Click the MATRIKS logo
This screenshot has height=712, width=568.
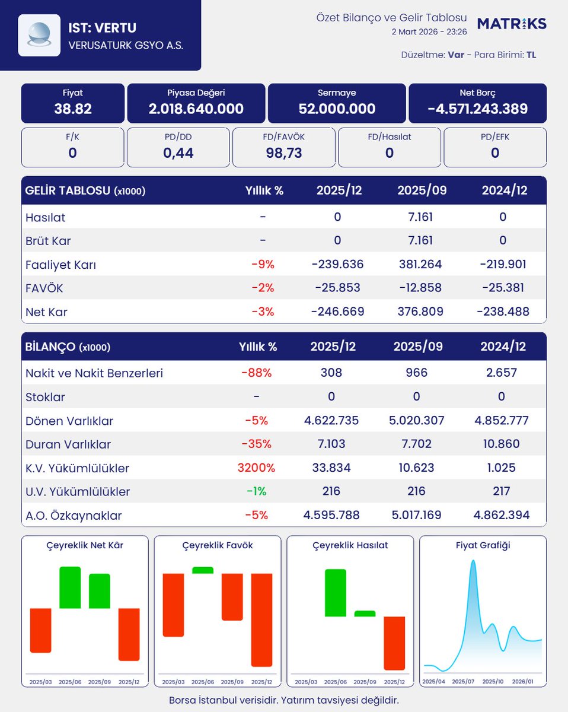[512, 24]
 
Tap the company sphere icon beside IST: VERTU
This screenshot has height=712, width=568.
[39, 36]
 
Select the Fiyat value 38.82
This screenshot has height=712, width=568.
[73, 109]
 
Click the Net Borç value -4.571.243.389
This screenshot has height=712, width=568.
[477, 109]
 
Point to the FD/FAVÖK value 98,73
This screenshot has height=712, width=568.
[283, 153]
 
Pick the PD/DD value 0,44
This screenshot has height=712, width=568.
[178, 153]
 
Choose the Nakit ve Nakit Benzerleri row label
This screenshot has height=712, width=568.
[94, 373]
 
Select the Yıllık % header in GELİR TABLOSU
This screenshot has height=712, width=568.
[264, 190]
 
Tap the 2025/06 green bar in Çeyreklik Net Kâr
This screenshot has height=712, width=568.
[70, 587]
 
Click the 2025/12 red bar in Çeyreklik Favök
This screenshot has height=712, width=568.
[261, 619]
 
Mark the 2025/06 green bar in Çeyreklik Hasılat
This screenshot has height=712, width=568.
[336, 593]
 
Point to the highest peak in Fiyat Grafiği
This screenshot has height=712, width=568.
[473, 560]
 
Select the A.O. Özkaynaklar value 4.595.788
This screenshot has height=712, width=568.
[331, 515]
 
